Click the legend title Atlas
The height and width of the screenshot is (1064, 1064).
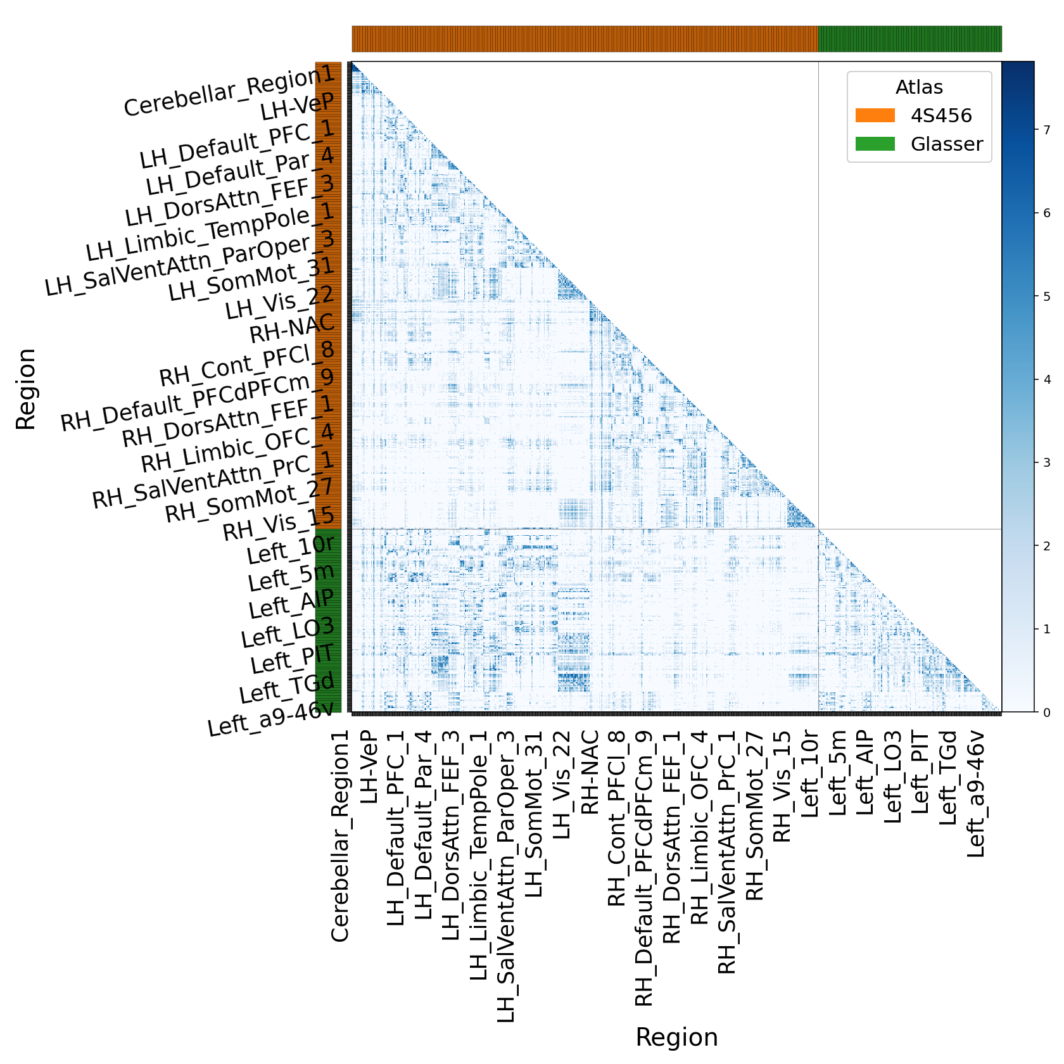919,87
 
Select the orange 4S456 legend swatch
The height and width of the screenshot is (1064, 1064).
875,115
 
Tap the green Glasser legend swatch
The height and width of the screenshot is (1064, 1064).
875,144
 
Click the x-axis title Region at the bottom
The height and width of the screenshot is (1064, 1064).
676,1037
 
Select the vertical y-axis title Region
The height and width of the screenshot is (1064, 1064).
26,389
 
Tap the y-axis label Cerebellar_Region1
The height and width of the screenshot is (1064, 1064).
229,92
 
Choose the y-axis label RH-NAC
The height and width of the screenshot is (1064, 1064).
292,327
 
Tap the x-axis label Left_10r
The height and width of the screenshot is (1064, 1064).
810,773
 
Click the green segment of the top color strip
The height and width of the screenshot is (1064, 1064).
909,39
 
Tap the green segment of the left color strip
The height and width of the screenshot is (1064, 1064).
329,621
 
